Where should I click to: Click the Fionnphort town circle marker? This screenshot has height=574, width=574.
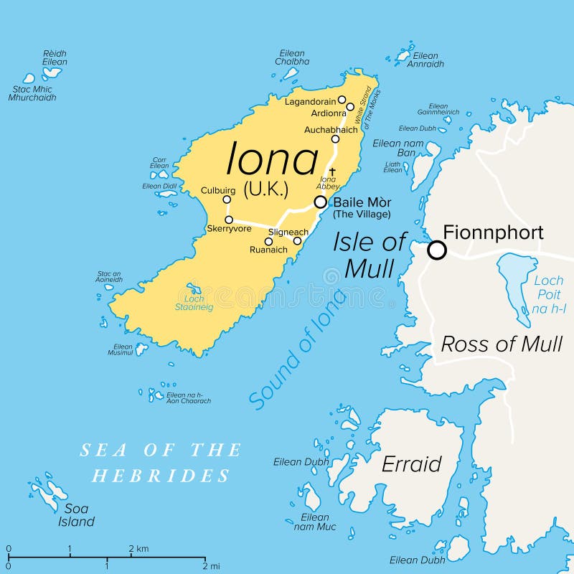coord(437,250)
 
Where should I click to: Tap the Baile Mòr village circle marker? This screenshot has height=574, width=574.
coord(320,202)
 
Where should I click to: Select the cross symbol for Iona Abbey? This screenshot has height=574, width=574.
coord(331,171)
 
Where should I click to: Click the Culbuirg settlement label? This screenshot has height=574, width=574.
coord(218,190)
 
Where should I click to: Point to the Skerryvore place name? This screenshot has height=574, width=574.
coord(227,229)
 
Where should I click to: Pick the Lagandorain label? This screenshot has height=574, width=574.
coord(310,101)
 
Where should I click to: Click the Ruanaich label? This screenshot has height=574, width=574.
coord(268,250)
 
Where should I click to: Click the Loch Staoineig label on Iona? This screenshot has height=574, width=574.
coord(189,303)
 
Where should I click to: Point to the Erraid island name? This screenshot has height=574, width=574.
coord(411,464)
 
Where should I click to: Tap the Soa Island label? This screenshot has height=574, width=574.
coord(76,515)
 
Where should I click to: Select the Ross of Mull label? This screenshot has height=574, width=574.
coord(501,344)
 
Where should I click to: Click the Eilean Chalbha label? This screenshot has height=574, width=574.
coord(291,57)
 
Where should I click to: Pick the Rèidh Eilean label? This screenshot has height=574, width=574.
coord(55,57)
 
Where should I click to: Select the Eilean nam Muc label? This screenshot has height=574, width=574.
coord(315,522)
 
